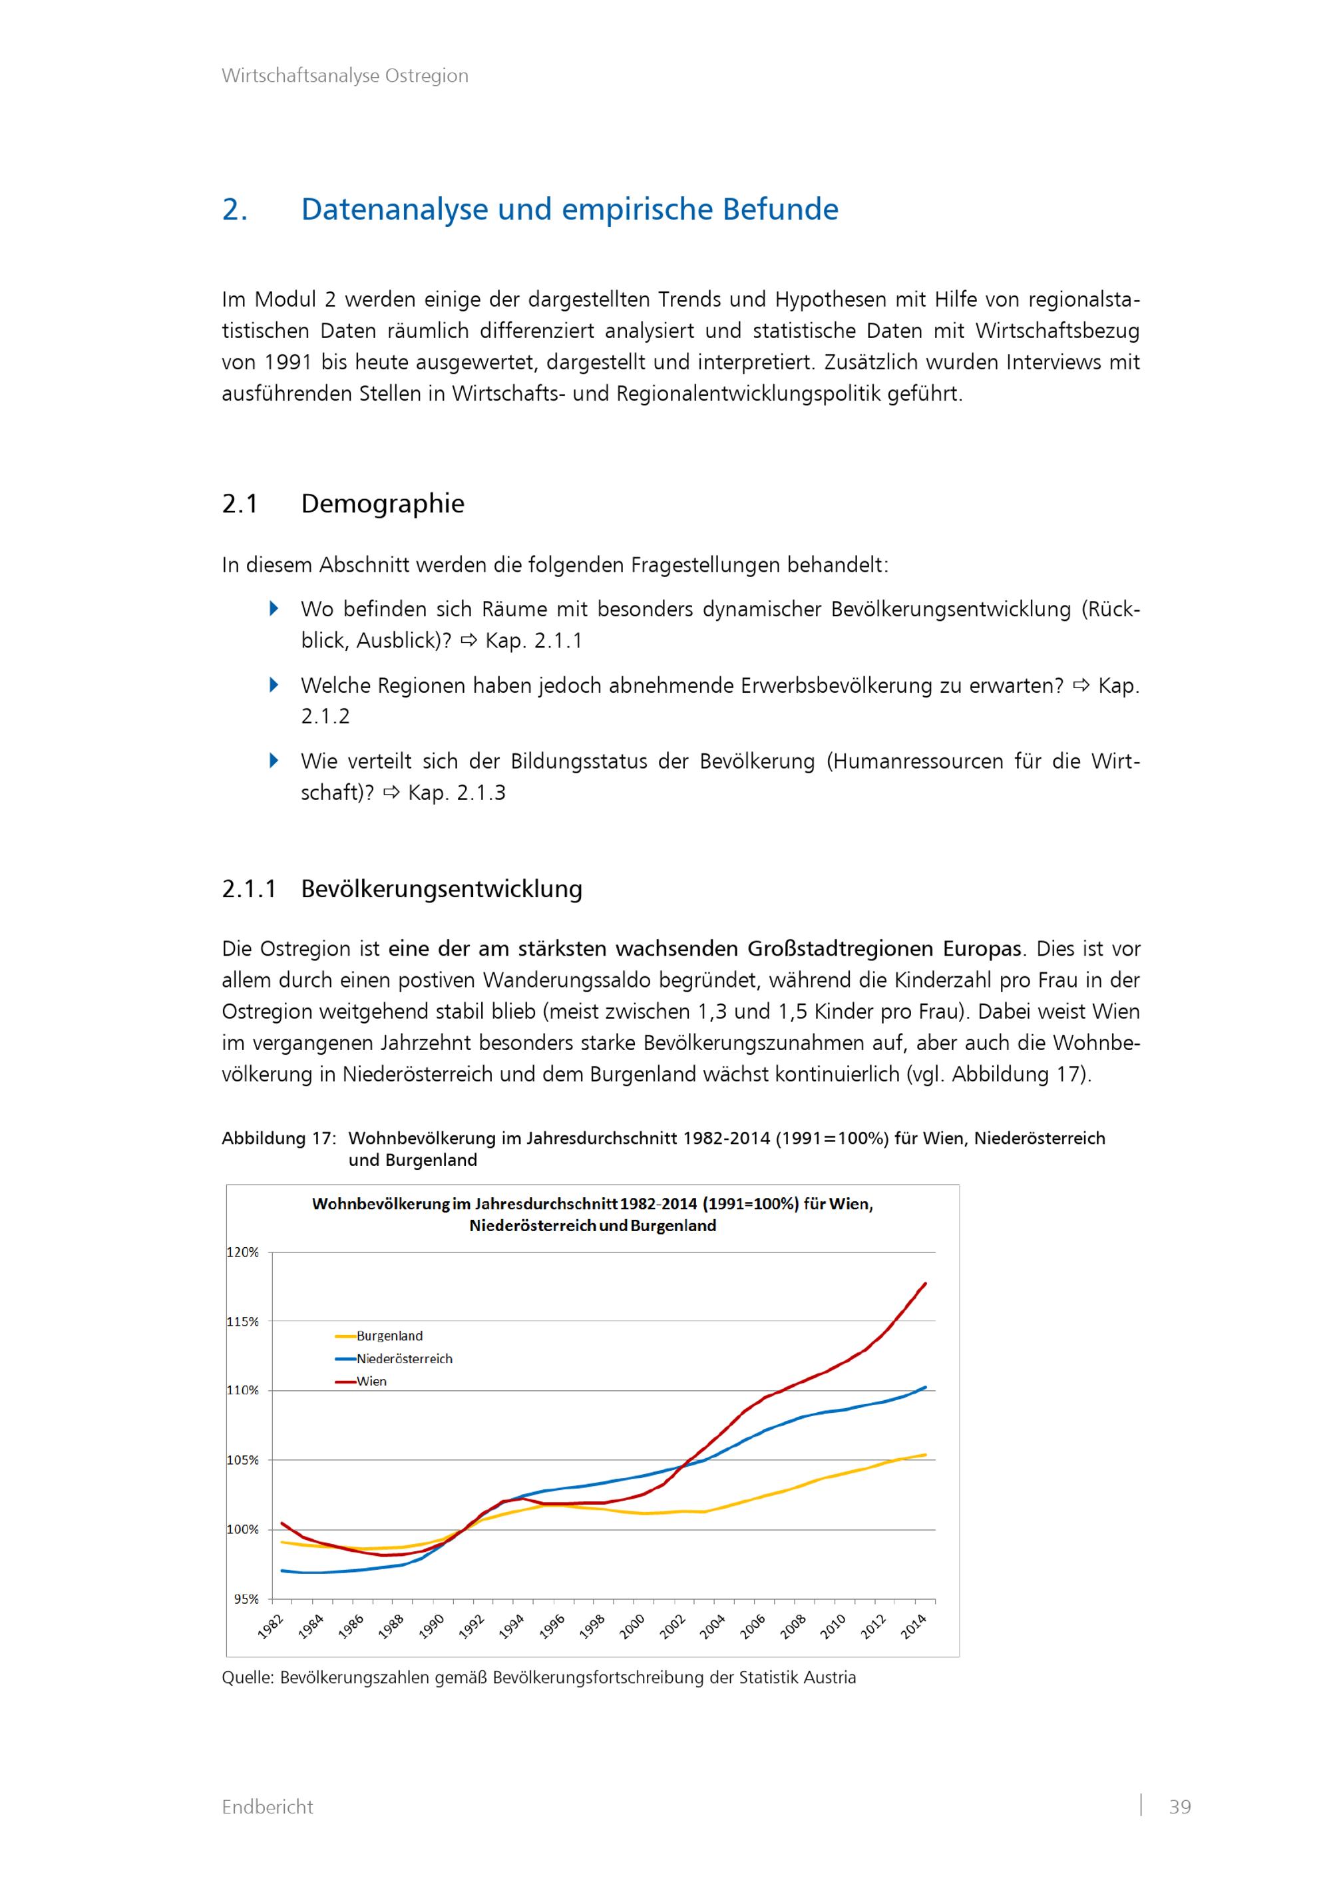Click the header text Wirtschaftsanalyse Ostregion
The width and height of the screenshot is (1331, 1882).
[344, 75]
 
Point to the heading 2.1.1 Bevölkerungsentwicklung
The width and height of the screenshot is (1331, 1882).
[401, 888]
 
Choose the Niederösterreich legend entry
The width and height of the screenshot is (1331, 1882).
[404, 1358]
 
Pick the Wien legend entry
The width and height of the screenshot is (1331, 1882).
[371, 1381]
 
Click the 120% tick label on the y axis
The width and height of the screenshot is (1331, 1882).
[243, 1252]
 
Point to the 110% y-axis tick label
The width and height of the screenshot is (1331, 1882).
[243, 1390]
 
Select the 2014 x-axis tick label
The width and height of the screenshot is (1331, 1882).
[914, 1625]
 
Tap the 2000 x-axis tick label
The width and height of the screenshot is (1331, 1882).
[633, 1625]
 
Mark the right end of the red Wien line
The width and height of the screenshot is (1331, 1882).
[925, 1284]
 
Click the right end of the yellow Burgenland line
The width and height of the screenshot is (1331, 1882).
[925, 1455]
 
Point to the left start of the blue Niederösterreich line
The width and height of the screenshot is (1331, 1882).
[282, 1571]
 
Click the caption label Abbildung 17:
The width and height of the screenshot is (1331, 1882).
[278, 1139]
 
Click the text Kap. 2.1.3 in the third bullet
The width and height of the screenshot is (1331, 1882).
[457, 793]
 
